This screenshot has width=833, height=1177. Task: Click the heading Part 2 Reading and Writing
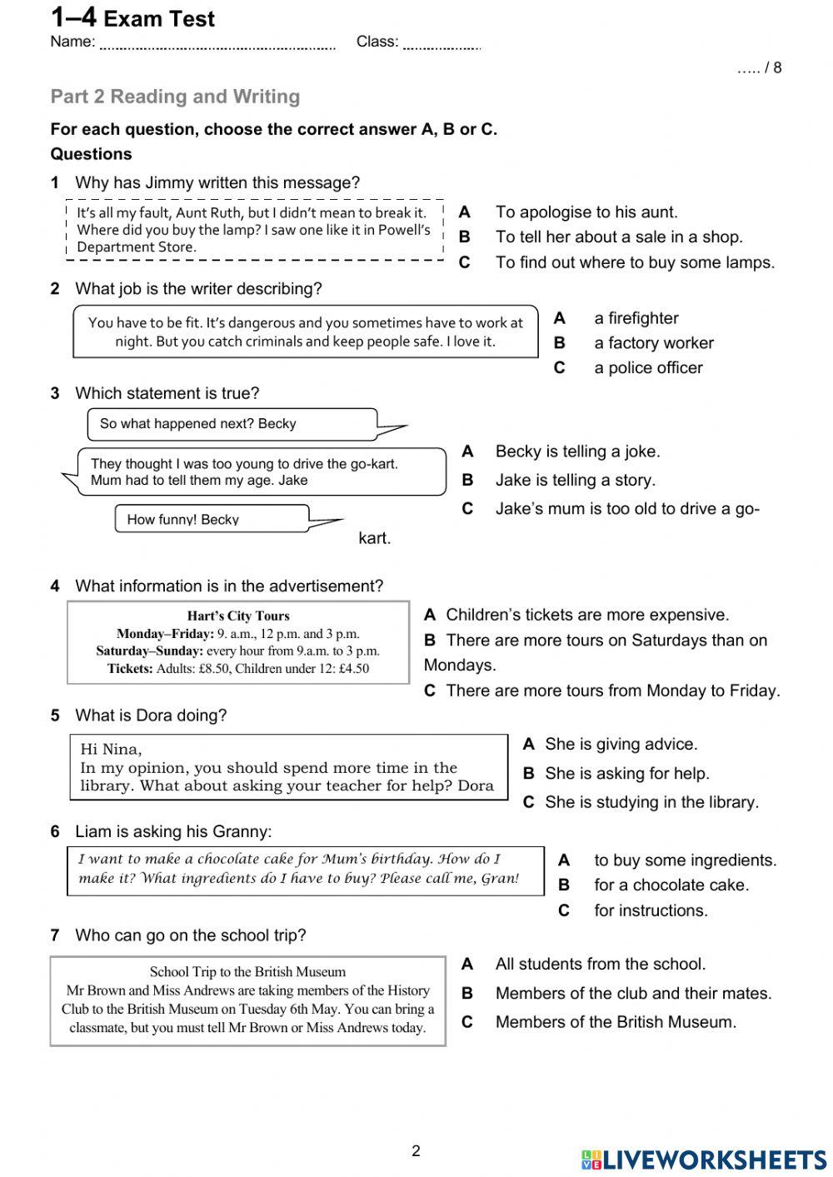tap(175, 97)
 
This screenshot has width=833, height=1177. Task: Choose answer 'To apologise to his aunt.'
tap(586, 212)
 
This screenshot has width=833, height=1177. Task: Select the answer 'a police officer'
tap(648, 368)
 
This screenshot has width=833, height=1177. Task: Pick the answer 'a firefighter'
tap(636, 318)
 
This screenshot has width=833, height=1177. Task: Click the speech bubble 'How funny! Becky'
tap(182, 520)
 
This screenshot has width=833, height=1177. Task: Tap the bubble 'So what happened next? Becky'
tap(197, 424)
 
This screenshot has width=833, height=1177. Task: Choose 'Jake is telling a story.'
tap(575, 481)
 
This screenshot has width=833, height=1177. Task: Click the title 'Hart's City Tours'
tap(238, 616)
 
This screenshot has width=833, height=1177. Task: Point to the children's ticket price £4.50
tap(353, 669)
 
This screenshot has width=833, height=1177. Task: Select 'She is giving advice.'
tap(621, 745)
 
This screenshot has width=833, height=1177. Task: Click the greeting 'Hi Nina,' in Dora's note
tap(111, 749)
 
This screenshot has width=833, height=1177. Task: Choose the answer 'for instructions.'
tap(651, 910)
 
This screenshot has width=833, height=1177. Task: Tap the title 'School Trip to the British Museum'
tap(247, 972)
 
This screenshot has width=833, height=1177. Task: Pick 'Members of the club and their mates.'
tap(633, 994)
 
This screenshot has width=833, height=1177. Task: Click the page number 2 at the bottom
tap(416, 1151)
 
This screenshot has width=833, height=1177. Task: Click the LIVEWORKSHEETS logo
tap(704, 1160)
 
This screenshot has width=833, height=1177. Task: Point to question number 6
tap(55, 832)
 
